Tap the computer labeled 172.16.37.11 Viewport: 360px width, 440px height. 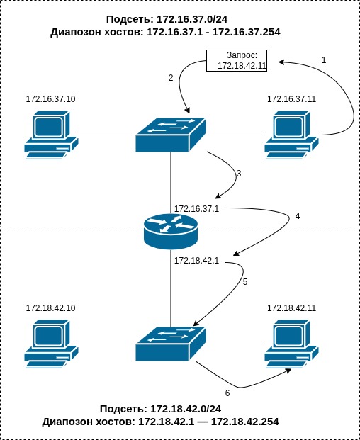[291, 135]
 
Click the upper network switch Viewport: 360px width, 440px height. [171, 134]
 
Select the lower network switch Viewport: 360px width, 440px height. [171, 344]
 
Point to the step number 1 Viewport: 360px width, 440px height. [324, 60]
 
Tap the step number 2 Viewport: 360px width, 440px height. [171, 78]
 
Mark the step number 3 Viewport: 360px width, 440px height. [239, 174]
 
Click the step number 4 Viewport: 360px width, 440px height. [298, 215]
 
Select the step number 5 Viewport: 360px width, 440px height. [245, 282]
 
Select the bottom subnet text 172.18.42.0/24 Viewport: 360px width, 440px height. [186, 409]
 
